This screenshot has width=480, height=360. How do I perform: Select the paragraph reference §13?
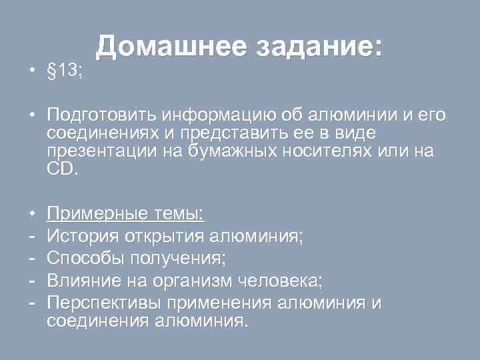click(x=65, y=71)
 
